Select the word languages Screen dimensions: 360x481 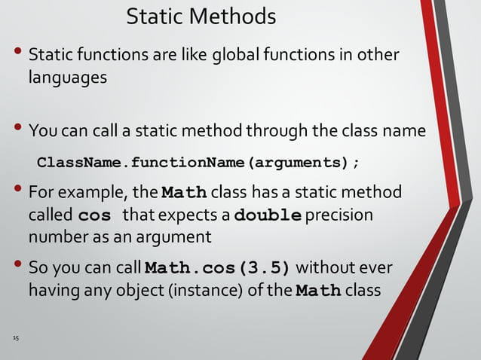pyautogui.click(x=67, y=77)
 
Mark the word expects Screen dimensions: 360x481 pyautogui.click(x=200, y=215)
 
